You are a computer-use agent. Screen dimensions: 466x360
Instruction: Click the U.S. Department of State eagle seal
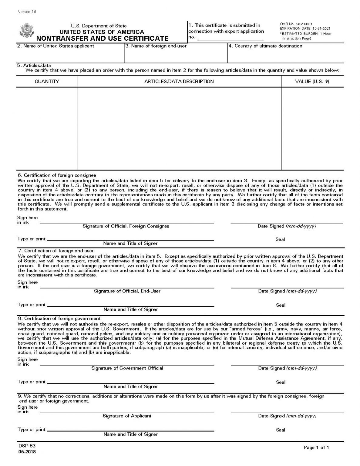click(26, 31)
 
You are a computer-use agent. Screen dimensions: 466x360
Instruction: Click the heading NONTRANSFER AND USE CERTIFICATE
click(102, 39)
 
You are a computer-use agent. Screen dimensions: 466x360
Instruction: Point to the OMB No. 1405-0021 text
click(296, 24)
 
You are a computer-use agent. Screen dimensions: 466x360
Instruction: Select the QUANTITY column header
click(47, 81)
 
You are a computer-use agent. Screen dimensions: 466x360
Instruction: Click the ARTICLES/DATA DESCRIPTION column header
click(179, 81)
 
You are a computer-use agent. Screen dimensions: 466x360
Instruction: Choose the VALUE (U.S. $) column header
click(312, 81)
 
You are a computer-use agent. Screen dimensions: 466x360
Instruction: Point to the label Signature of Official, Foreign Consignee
click(126, 226)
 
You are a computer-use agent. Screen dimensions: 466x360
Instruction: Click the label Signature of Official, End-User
click(127, 291)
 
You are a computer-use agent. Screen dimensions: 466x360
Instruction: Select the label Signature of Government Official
click(127, 368)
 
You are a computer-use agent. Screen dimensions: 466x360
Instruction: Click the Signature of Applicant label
click(127, 416)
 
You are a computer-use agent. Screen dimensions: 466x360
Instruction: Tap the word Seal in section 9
click(281, 430)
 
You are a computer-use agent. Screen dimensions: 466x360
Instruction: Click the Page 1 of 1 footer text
click(316, 447)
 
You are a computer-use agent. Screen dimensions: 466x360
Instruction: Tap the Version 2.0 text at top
click(27, 12)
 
